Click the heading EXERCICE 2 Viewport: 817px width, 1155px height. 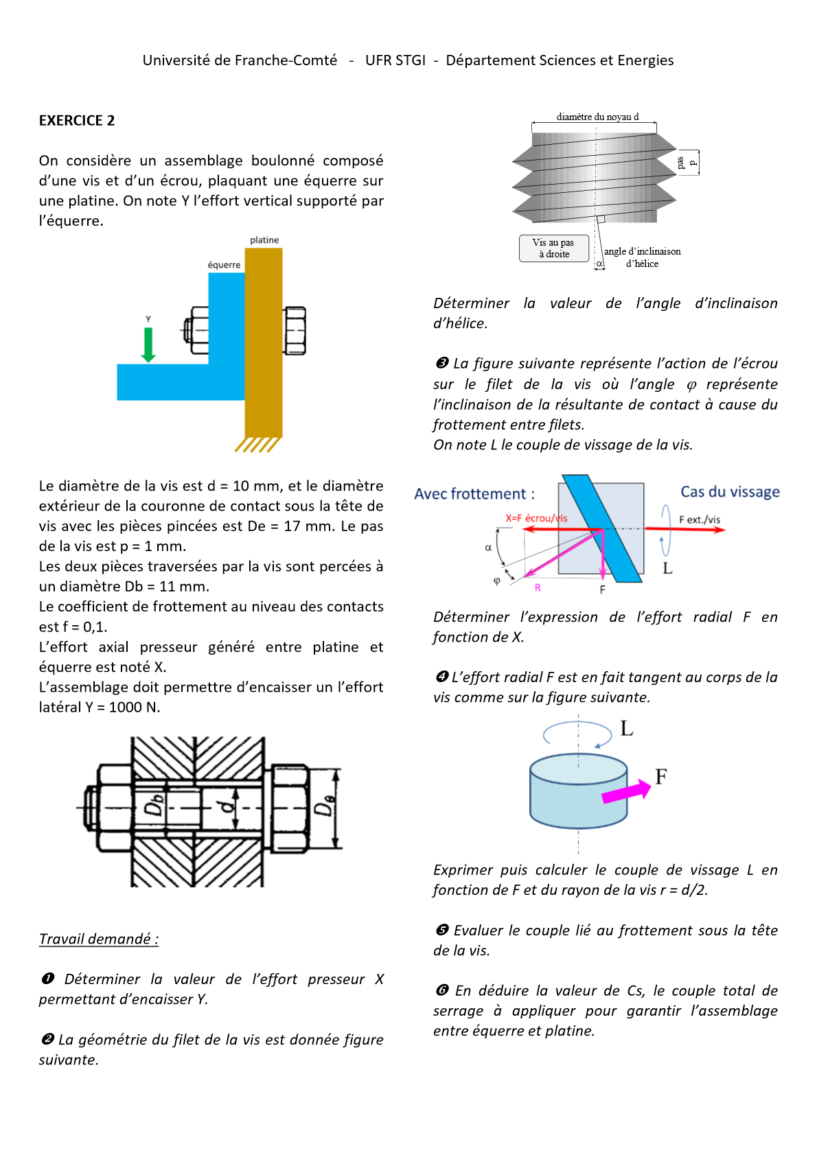[x=77, y=121]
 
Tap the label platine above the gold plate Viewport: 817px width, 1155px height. [x=264, y=240]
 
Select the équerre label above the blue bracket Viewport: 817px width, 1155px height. [x=224, y=265]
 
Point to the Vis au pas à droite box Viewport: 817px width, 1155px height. [x=554, y=248]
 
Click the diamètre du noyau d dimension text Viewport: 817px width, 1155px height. [x=597, y=117]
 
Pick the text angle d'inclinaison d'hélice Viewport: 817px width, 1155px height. [x=642, y=257]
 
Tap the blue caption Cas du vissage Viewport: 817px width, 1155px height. [x=730, y=492]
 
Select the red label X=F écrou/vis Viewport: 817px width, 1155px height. [x=536, y=518]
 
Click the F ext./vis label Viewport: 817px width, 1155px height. [x=700, y=520]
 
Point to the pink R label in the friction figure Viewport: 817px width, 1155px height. [x=538, y=587]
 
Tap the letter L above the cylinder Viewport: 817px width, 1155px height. [x=627, y=729]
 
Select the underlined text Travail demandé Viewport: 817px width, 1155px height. [x=98, y=939]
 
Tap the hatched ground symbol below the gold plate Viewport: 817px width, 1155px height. [x=258, y=445]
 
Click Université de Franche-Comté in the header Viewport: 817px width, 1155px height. [x=240, y=60]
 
